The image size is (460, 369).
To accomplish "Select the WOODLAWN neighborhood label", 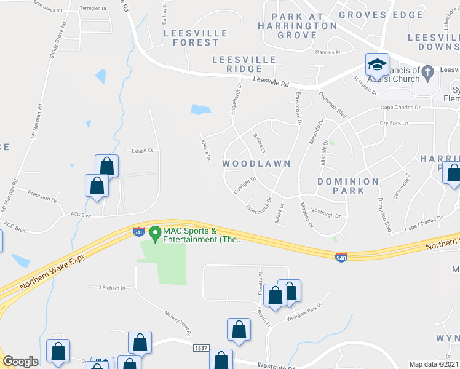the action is [256, 164].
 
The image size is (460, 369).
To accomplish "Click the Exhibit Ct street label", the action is [141, 150].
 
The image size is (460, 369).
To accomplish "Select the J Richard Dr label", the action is [107, 287].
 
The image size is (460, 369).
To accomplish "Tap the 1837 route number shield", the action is [200, 348].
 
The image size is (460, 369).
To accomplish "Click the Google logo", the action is [20, 362].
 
